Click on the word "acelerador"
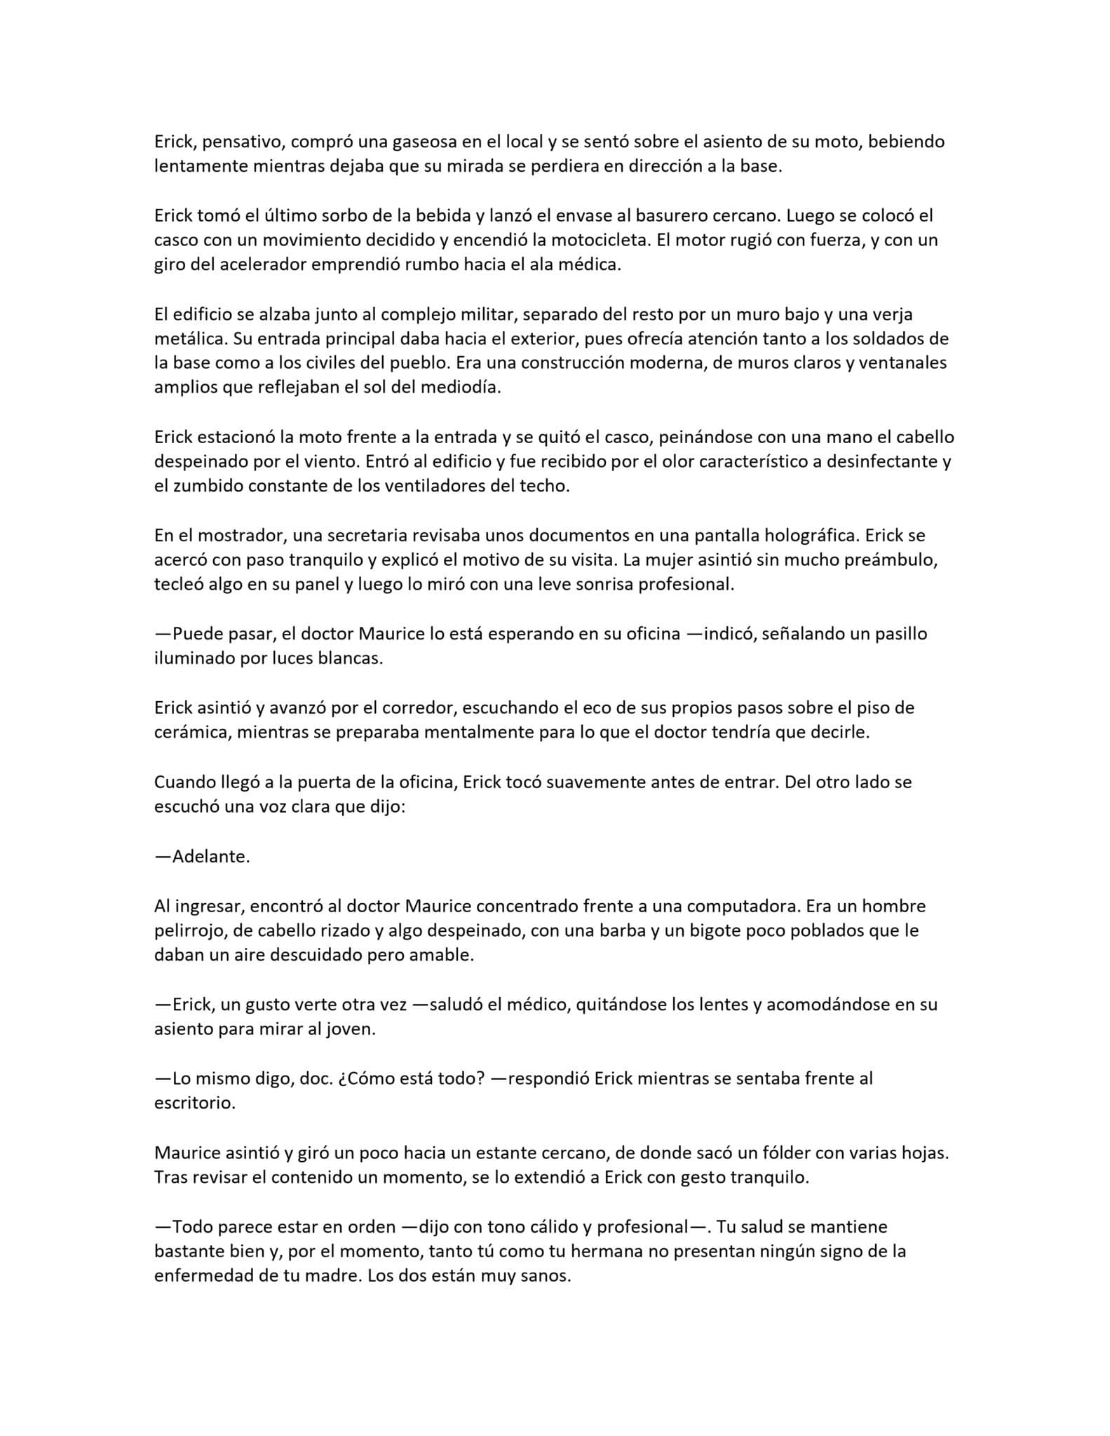pos(248,266)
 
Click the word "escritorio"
pos(193,1103)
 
